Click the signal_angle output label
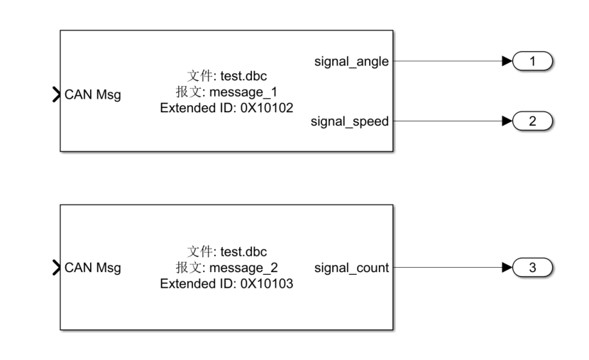(351, 62)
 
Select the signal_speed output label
(349, 121)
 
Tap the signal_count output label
(351, 268)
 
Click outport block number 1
(532, 61)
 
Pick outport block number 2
(532, 121)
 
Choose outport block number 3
(532, 268)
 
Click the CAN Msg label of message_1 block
(93, 94)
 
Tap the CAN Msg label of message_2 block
(93, 268)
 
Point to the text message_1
(243, 92)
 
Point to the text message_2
(243, 268)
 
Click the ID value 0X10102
(267, 108)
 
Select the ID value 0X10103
(267, 283)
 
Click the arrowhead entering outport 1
(507, 61)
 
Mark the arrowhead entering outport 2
(507, 121)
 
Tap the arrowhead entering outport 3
(507, 268)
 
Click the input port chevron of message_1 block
(56, 94)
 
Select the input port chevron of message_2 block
(56, 268)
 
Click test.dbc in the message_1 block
(243, 76)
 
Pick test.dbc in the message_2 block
(243, 251)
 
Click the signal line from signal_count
(447, 268)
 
